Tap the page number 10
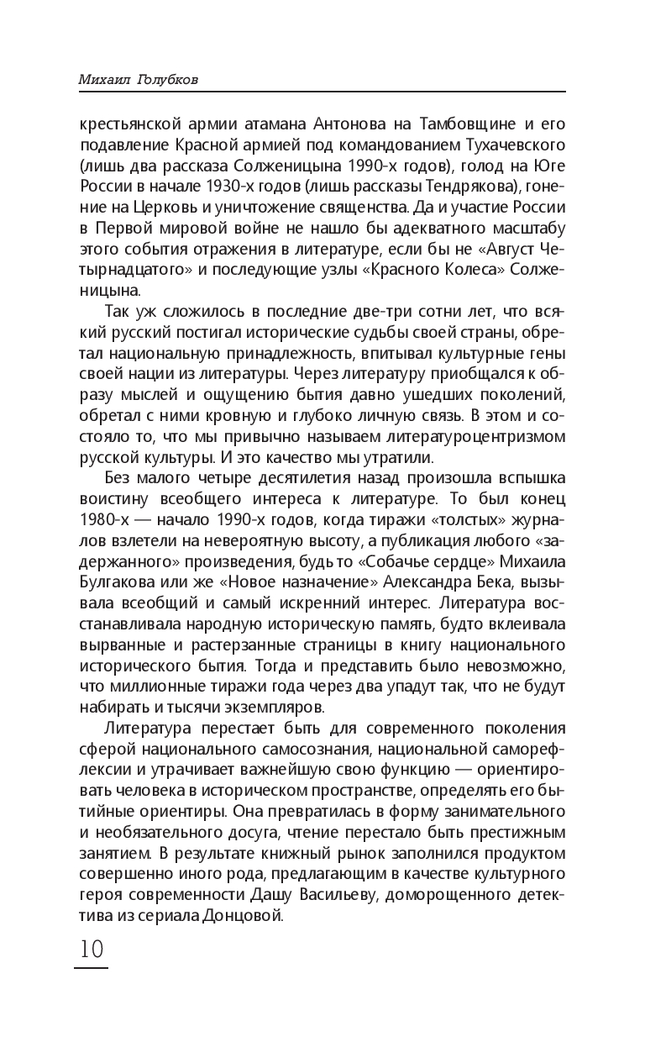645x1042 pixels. (x=91, y=949)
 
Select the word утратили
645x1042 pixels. (x=394, y=458)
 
